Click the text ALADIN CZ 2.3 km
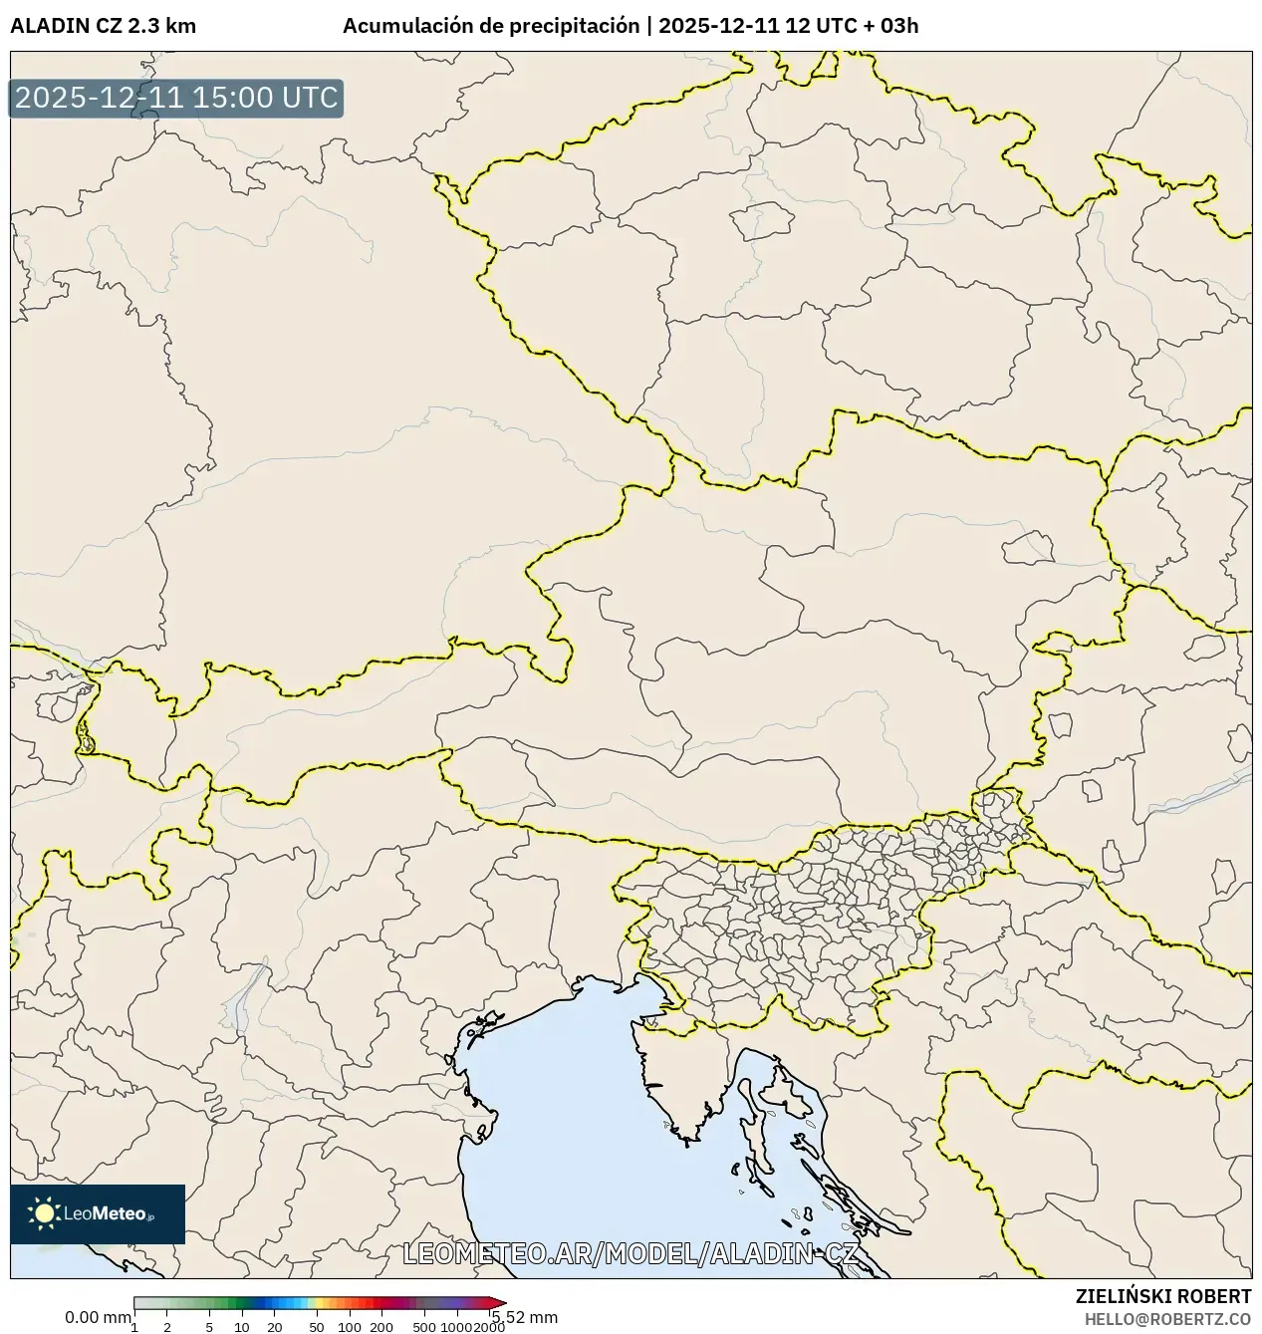103,26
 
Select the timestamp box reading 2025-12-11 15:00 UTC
176,99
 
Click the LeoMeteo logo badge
98,1213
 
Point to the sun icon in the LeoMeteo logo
44,1212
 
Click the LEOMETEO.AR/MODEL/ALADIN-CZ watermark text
630,1254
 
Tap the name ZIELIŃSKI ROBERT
1163,1296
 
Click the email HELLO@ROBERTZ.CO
1167,1318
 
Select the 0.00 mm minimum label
98,1317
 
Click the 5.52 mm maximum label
526,1317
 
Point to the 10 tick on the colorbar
242,1327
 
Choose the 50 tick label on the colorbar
317,1327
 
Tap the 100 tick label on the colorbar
350,1327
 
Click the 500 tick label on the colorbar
424,1327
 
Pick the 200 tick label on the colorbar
381,1327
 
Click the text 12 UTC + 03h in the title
852,26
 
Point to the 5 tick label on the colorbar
209,1327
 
